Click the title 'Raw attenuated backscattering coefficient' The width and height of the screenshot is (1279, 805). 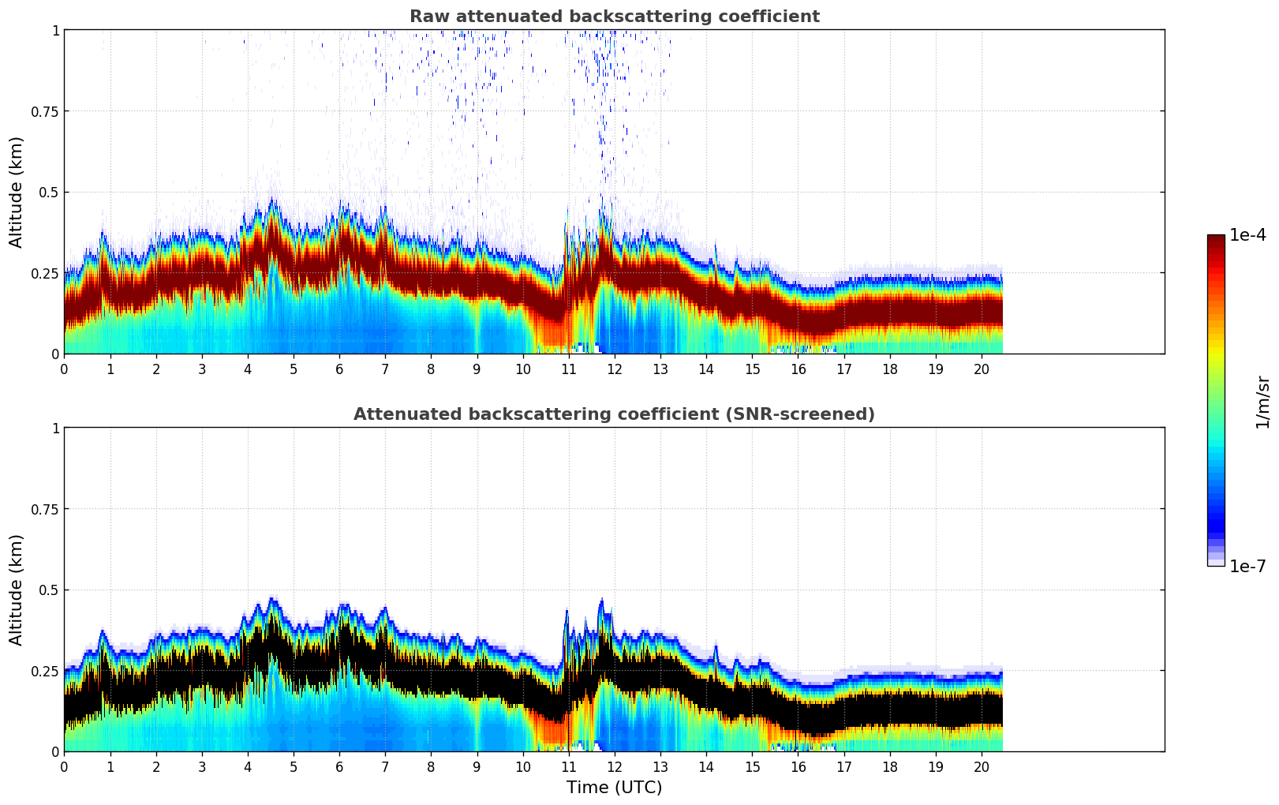point(614,17)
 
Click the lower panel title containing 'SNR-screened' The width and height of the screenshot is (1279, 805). point(614,414)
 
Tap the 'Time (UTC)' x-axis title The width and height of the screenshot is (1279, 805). point(614,788)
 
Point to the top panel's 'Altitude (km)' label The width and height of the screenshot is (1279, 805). point(17,192)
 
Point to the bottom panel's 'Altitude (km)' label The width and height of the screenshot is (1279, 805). point(17,590)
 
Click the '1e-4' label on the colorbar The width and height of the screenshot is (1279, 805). point(1247,235)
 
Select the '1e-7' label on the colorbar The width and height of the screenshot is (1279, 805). point(1247,566)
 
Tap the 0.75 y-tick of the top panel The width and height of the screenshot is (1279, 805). point(45,111)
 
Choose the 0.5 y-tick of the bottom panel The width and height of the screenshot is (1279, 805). point(49,590)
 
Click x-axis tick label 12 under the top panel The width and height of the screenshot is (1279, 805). point(614,369)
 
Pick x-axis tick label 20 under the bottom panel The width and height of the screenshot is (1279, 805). point(981,766)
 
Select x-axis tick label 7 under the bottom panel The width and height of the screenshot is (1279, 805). point(385,766)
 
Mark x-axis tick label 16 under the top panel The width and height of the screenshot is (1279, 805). point(798,369)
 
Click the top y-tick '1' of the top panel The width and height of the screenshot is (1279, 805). point(55,31)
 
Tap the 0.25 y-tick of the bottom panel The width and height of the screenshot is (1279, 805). point(45,671)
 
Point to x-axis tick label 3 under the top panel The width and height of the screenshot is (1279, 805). point(202,369)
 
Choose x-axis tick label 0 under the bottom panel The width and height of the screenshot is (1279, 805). point(65,766)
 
